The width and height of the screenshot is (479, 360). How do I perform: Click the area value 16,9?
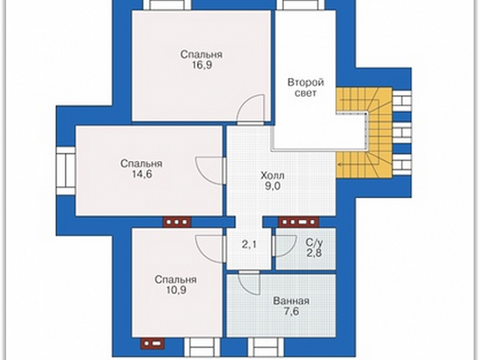point(202,65)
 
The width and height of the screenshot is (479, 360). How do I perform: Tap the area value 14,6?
point(142,174)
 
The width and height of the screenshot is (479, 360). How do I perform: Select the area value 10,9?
point(176,290)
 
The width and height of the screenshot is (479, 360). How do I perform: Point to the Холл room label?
point(273,175)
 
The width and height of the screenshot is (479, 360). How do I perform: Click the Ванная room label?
point(291,301)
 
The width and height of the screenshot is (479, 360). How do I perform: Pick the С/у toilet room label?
point(314,243)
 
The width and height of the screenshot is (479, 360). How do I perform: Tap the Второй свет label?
point(306,88)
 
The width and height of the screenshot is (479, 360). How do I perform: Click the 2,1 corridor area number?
point(249,244)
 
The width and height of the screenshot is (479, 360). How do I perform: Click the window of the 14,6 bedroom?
point(66,171)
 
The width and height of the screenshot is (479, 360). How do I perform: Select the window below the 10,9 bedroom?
point(202,347)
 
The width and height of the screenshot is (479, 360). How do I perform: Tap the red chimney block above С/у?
point(298,222)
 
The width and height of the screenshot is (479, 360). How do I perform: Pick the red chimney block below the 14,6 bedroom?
point(178,222)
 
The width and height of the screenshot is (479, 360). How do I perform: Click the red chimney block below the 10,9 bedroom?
point(153,343)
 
